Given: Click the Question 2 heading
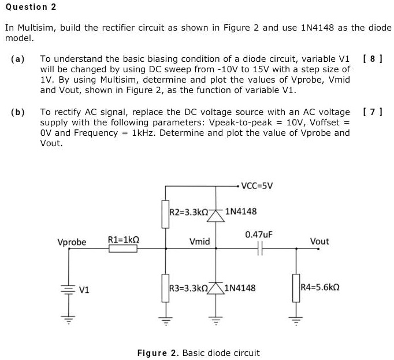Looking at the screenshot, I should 27,7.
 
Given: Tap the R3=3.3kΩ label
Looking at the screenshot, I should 188,288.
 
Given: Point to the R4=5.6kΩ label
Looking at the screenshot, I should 319,288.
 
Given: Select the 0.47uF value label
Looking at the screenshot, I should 258,235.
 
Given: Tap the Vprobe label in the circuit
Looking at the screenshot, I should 72,242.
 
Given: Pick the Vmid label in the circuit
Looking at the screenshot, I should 199,242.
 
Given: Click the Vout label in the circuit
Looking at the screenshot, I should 319,242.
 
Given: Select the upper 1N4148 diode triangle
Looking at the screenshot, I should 216,215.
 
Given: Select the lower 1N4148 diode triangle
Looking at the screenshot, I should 216,288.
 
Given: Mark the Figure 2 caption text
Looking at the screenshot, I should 198,352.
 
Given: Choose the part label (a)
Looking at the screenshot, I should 17,59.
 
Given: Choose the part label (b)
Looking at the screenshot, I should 17,112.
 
